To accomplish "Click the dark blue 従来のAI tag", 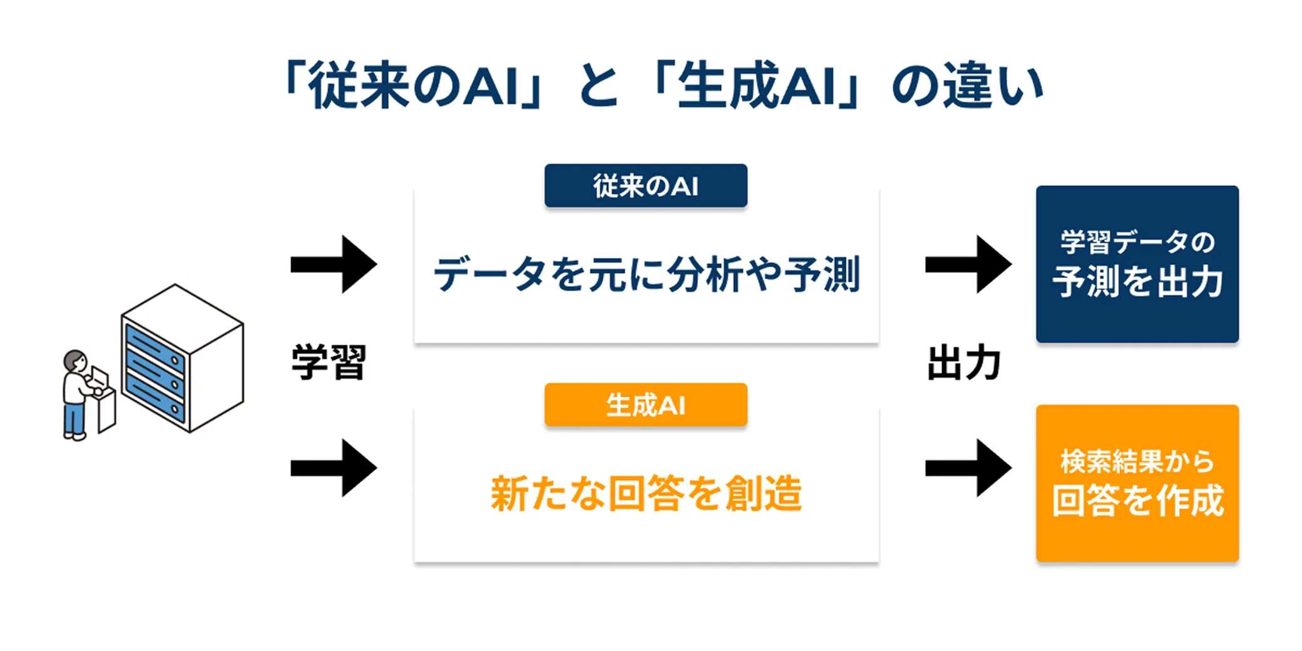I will click(645, 186).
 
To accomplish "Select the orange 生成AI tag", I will click(645, 405).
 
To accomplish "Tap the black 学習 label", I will click(329, 362).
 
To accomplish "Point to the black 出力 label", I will click(963, 362).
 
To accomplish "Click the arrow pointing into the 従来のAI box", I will click(334, 264).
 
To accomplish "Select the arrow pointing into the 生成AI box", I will click(334, 468).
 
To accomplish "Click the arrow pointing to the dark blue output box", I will click(968, 264).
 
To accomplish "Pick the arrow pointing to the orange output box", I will click(968, 468).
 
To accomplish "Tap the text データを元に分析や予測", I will click(647, 274).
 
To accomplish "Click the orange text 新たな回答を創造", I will click(647, 493).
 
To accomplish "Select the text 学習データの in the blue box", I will click(1137, 242).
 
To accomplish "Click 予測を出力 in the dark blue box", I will click(1137, 282).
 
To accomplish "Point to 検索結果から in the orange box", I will click(1137, 461).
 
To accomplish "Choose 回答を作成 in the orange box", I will click(1137, 501).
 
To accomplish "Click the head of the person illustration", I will click(75, 361).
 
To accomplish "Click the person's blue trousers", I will click(74, 418).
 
